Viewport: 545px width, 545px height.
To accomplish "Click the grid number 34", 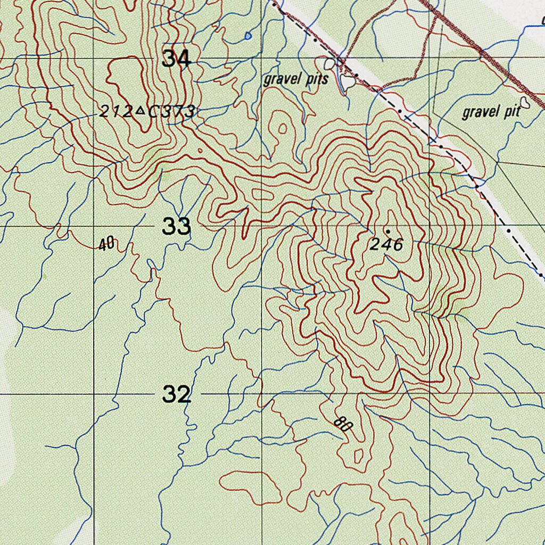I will [176, 59].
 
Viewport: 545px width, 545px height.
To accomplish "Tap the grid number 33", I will [176, 227].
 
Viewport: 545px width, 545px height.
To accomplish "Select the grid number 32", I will [176, 395].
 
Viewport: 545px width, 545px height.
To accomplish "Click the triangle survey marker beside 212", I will [140, 111].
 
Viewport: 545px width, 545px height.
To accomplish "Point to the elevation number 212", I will [115, 112].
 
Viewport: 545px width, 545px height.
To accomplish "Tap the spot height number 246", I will [387, 245].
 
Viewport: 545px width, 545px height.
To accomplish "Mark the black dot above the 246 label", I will [388, 232].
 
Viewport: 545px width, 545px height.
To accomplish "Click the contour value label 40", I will [106, 244].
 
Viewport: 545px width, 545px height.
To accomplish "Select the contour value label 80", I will [344, 424].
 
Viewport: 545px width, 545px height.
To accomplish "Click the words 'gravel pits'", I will [296, 80].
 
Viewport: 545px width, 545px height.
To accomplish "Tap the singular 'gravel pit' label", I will [491, 112].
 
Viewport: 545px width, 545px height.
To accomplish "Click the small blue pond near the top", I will [248, 36].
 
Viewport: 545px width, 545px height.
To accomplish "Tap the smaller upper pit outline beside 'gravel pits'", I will [331, 64].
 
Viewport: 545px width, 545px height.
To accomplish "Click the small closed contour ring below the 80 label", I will [358, 456].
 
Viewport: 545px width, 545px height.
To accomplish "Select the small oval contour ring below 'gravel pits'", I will [283, 128].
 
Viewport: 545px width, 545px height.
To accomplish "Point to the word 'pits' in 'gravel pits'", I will [317, 80].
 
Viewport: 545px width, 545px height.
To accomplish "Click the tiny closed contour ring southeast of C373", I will [200, 151].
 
